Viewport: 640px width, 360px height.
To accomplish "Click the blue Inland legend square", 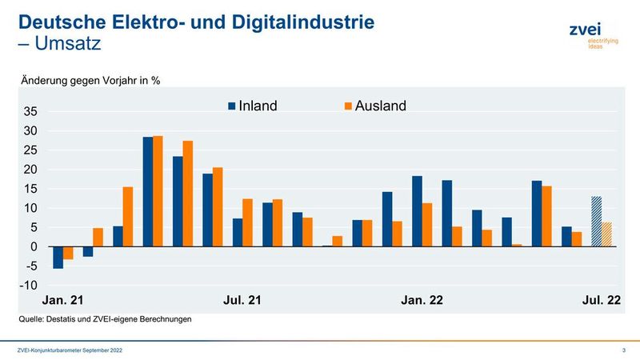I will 232,106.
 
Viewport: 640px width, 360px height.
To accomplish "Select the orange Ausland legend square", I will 348,106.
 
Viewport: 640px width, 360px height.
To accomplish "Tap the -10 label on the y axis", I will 30,286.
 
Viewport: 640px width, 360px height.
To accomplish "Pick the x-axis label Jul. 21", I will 241,301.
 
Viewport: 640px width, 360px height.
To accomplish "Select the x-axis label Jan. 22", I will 422,301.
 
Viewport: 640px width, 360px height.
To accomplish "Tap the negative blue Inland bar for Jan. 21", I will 58,257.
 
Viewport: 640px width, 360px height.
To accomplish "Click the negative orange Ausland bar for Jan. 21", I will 68,253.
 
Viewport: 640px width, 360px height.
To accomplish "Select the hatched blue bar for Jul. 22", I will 597,222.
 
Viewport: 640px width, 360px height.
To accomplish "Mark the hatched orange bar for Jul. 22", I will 607,234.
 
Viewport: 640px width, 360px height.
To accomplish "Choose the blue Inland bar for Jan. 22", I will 417,211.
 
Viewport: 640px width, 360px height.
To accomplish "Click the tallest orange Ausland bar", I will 158,191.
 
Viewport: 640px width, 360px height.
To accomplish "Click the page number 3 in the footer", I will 623,351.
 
